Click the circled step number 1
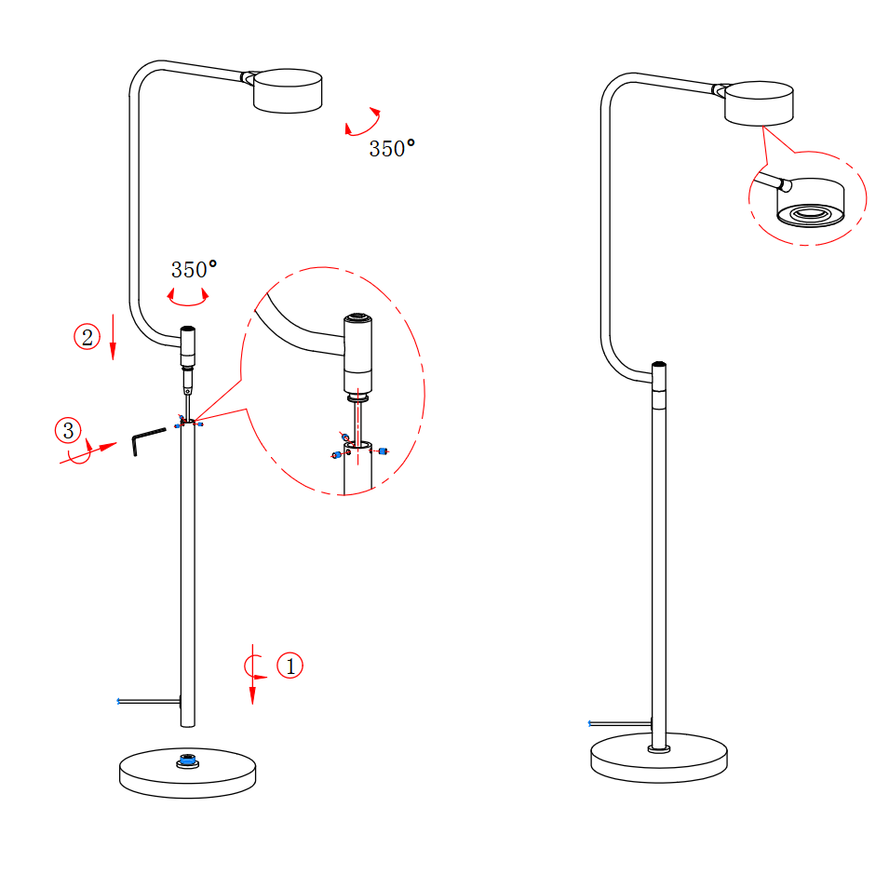[x=290, y=666]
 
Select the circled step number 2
[x=88, y=337]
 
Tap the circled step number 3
[x=68, y=430]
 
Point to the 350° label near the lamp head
[x=392, y=149]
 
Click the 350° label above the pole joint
[x=194, y=269]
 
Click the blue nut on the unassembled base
[x=188, y=760]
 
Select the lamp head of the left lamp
[x=288, y=90]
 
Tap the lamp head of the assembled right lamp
[x=759, y=103]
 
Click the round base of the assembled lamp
[x=659, y=759]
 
